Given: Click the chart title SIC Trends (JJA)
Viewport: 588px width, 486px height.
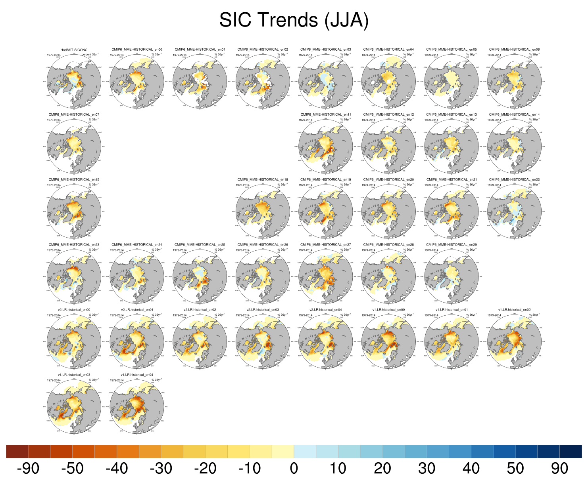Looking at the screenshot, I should click(x=294, y=20).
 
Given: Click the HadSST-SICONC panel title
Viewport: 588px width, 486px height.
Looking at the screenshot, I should click(x=74, y=50).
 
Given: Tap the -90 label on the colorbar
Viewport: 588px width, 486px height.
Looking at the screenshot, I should click(x=28, y=469).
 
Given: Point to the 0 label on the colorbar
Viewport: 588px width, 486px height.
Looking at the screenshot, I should click(x=294, y=469).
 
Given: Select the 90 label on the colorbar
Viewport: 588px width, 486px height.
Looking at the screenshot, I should click(x=559, y=469).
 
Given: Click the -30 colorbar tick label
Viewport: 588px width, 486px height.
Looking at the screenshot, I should click(x=161, y=469).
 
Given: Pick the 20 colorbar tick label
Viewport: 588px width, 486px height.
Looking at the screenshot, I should click(x=382, y=469).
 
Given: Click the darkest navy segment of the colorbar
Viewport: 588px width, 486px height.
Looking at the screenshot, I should click(x=571, y=452).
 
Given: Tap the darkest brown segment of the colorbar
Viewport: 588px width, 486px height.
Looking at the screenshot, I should click(x=17, y=452).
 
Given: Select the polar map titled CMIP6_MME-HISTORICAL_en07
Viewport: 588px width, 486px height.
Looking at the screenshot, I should click(x=74, y=146).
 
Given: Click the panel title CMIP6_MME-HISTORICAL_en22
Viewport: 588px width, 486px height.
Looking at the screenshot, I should click(x=514, y=179).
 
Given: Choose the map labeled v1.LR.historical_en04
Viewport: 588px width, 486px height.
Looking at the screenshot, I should click(x=137, y=406).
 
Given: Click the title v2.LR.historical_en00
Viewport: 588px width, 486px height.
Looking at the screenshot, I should click(x=74, y=310).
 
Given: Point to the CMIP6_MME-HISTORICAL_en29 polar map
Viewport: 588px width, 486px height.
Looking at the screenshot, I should click(x=452, y=276).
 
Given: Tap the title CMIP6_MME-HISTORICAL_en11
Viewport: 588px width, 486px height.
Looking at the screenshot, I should click(x=326, y=114).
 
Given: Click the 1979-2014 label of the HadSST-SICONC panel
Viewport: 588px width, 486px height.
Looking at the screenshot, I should click(x=54, y=55).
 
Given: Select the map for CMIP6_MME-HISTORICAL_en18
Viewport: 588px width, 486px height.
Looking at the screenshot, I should click(x=263, y=211).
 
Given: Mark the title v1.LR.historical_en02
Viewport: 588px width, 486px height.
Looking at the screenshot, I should click(x=514, y=310).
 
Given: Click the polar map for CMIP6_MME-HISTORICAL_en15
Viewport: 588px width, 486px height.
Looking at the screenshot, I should click(x=74, y=211).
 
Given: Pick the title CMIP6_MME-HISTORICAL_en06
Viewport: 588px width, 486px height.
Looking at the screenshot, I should click(x=514, y=50).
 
